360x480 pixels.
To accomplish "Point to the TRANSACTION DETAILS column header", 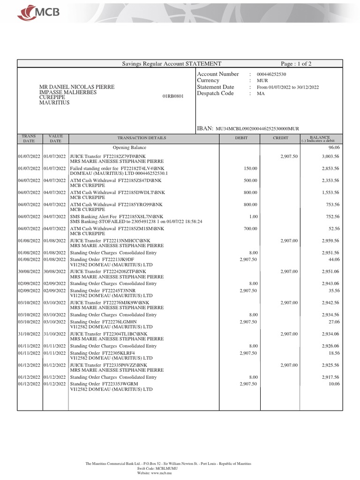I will [x=142, y=138].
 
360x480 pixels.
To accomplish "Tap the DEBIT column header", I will [x=241, y=138].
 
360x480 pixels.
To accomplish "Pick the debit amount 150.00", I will [x=250, y=168].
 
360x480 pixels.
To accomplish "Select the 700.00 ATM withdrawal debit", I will [x=250, y=229].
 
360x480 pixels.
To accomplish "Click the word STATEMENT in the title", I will [x=203, y=64].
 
